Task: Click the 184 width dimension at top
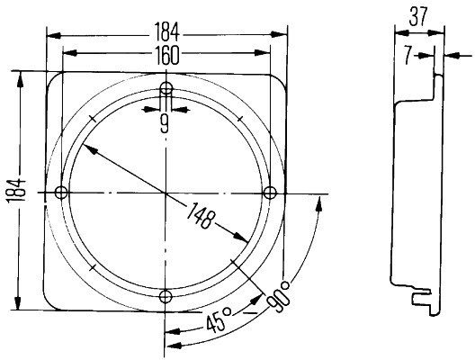167,32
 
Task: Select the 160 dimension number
167,56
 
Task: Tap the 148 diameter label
201,215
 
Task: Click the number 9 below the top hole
165,125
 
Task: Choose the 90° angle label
278,296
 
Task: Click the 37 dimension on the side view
418,16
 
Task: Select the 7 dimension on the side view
408,55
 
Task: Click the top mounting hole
166,88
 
